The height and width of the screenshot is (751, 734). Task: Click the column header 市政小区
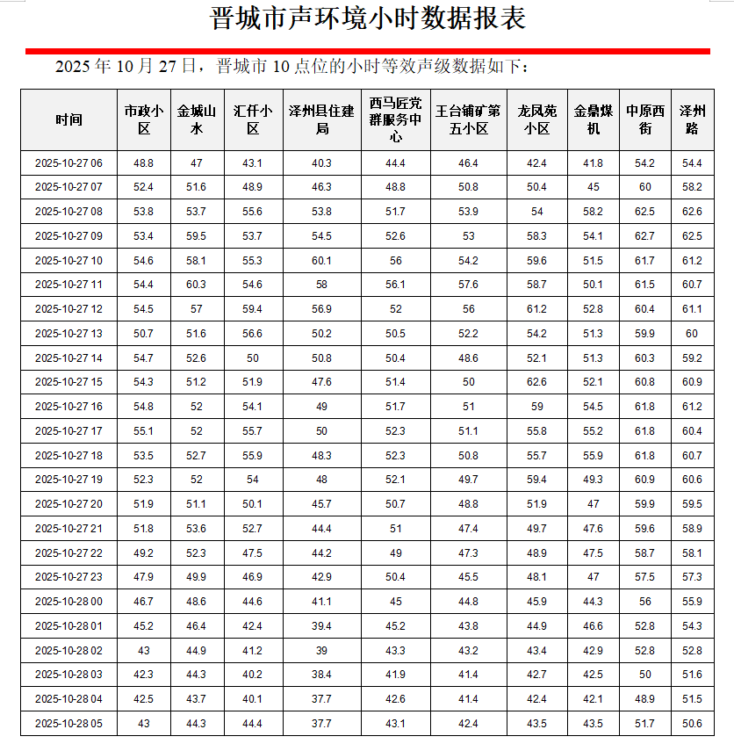coord(144,120)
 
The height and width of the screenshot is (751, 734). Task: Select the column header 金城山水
coord(197,120)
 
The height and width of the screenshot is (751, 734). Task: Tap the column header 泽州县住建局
coord(322,120)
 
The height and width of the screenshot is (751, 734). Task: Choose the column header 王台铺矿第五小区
coord(468,120)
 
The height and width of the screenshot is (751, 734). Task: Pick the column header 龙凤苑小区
coord(536,120)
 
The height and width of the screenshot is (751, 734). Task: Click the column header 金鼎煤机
coord(594,120)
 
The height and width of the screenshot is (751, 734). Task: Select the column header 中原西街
coord(645,120)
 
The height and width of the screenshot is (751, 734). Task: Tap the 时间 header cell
coord(68,120)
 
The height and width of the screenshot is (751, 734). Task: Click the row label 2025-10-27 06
coord(68,163)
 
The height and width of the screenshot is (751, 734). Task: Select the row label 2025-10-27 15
coord(68,382)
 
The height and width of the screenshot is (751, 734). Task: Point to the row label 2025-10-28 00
coord(68,602)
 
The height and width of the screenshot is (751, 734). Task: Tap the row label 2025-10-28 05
coord(68,723)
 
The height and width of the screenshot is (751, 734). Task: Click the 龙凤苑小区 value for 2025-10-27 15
coord(536,382)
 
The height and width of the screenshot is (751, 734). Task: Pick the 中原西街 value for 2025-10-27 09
coord(645,236)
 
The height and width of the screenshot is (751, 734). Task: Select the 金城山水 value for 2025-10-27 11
coord(197,285)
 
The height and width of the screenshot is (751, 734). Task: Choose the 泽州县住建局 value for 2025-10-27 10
coord(322,261)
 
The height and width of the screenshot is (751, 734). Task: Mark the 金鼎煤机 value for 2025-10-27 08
coord(594,212)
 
